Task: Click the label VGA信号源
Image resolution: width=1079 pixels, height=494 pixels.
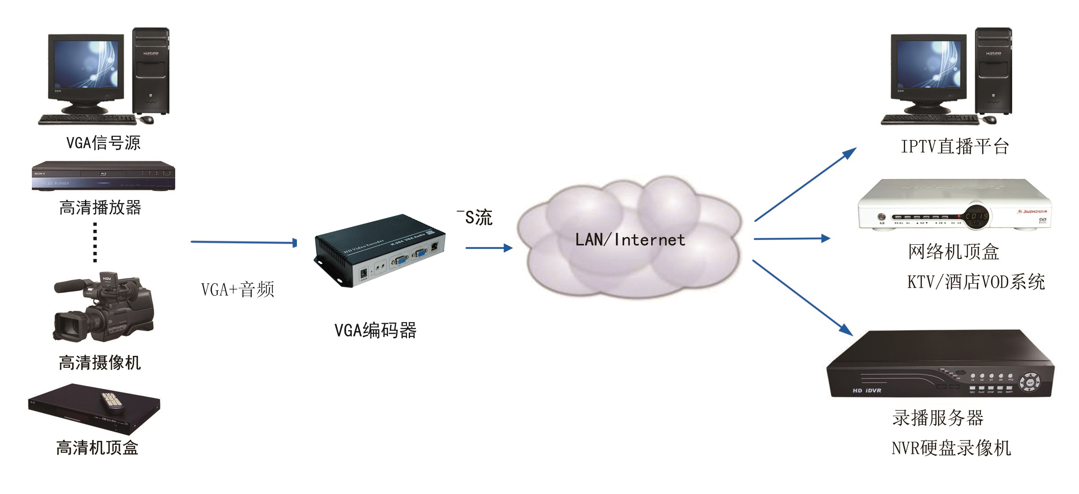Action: (103, 143)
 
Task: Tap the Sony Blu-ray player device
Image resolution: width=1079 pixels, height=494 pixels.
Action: (103, 176)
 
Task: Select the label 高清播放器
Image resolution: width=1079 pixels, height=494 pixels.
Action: (100, 208)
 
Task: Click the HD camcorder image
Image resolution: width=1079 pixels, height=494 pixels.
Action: (103, 307)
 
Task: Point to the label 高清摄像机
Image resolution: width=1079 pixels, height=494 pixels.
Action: (100, 363)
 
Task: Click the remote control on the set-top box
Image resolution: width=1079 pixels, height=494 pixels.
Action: (112, 402)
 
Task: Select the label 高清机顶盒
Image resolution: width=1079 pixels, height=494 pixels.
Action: (97, 448)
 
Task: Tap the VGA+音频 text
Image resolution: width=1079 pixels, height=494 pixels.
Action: (238, 289)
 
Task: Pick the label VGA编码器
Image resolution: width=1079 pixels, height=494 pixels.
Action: (375, 330)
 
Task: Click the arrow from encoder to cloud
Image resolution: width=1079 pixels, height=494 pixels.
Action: (488, 248)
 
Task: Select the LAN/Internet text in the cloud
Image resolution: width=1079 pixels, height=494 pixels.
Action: (630, 240)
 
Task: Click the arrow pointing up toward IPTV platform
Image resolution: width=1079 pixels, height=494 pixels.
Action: (805, 185)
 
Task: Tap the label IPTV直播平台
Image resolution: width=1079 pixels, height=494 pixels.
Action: (955, 147)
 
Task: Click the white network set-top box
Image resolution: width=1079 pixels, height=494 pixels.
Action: (955, 205)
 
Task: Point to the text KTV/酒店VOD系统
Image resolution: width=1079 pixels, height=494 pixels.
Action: (976, 282)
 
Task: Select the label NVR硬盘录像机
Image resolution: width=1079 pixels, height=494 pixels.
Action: (951, 448)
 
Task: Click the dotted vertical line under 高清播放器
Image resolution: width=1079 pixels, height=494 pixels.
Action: (95, 243)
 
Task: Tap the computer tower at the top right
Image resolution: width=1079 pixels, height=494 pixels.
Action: (993, 71)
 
